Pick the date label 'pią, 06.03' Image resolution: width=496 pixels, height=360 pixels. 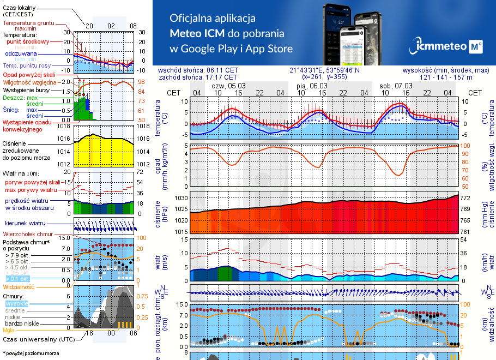coord(312,86)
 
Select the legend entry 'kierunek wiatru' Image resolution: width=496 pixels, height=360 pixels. coord(25,223)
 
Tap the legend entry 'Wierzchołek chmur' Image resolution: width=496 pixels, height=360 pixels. coord(25,233)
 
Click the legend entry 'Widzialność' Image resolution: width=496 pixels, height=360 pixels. coord(19,286)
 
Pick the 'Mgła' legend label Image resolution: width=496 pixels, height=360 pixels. coord(9,330)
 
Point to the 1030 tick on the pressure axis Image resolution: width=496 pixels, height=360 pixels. coord(180,198)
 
